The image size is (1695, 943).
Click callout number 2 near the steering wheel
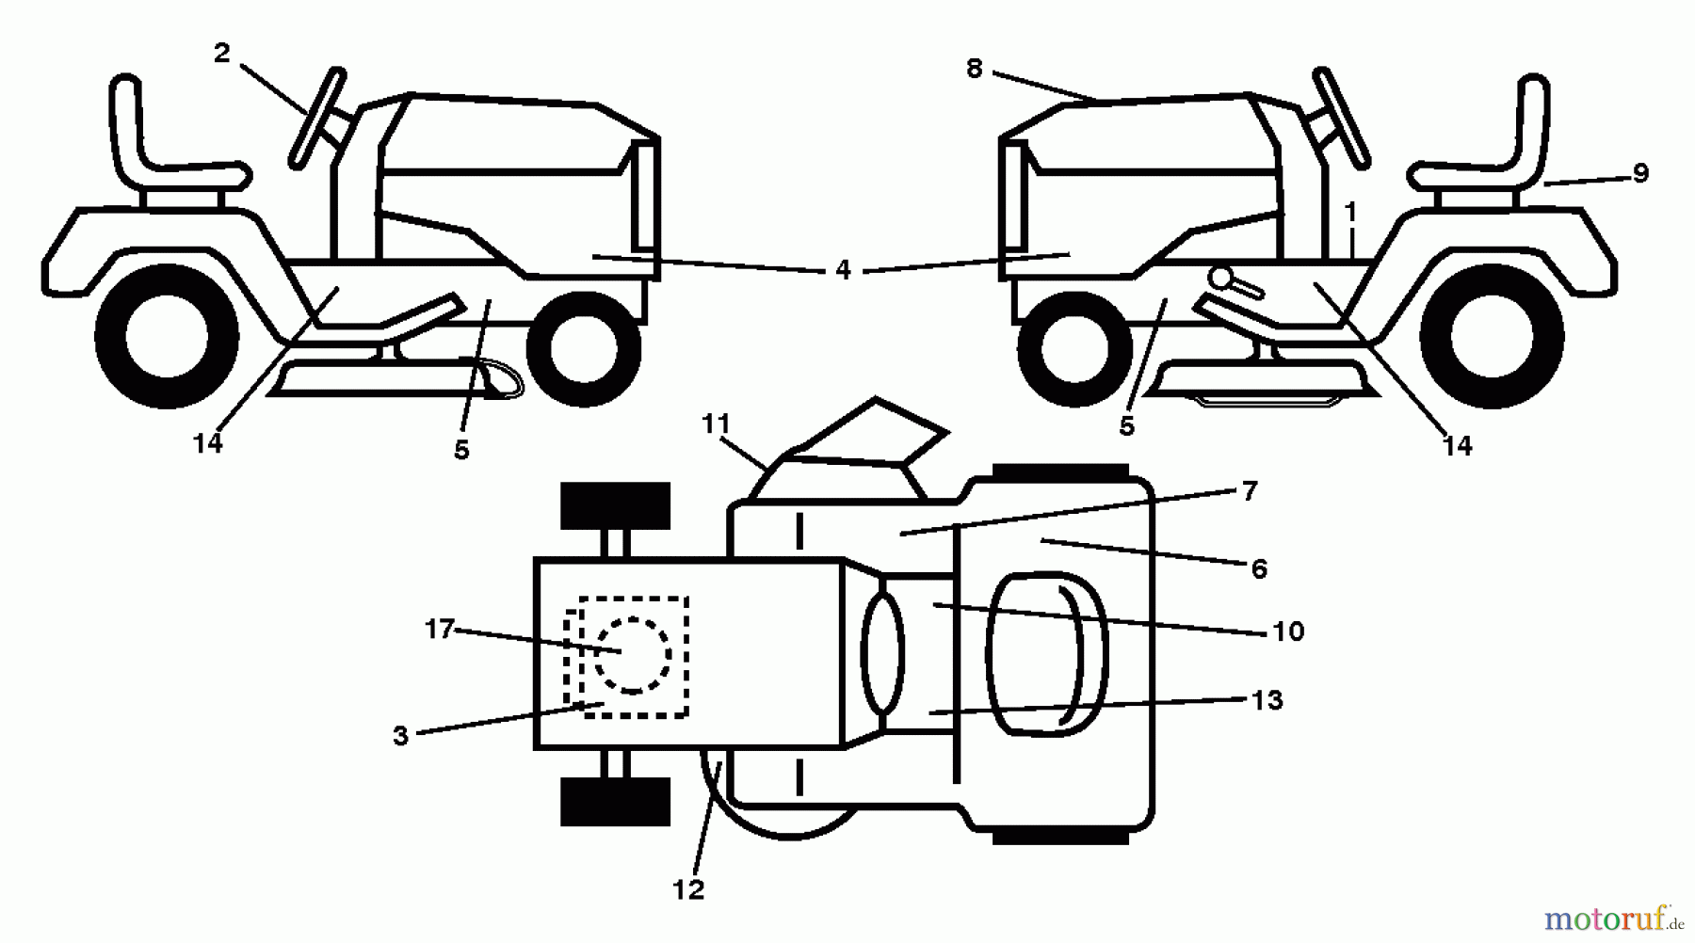point(221,54)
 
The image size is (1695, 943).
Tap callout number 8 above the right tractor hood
point(974,69)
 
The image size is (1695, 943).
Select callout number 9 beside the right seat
point(1640,173)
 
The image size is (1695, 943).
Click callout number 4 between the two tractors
point(842,271)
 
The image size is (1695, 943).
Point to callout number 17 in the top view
point(439,629)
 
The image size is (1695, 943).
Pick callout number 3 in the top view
point(401,736)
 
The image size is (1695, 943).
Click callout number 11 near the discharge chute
point(716,424)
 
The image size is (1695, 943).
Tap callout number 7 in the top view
point(1249,491)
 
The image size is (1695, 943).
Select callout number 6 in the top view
point(1259,568)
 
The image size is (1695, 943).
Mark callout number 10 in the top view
point(1287,631)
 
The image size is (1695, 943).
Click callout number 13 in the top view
point(1267,700)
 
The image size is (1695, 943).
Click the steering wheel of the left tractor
point(318,117)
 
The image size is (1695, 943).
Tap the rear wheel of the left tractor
point(166,336)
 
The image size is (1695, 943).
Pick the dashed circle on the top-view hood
point(633,656)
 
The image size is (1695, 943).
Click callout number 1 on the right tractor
point(1350,214)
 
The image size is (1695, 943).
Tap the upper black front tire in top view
point(615,505)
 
